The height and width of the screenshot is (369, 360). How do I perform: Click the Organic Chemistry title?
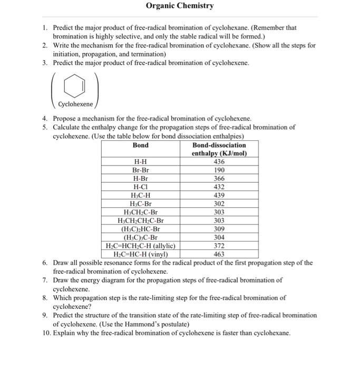pyautogui.click(x=180, y=6)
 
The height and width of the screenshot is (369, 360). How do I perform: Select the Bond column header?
pyautogui.click(x=141, y=145)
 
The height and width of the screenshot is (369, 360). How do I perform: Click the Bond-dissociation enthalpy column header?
pyautogui.click(x=219, y=149)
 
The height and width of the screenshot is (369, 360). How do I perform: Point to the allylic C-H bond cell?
pyautogui.click(x=141, y=246)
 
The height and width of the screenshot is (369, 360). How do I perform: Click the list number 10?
pyautogui.click(x=46, y=334)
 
